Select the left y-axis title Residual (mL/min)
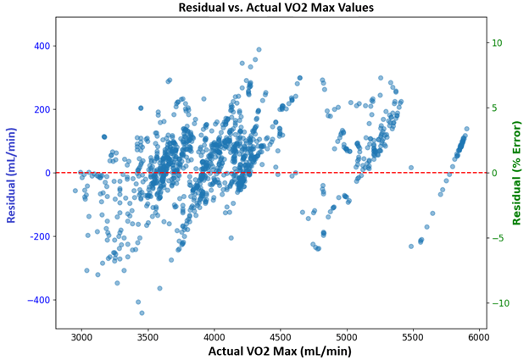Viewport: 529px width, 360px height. (x=12, y=173)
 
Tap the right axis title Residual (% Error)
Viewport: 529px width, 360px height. (x=516, y=173)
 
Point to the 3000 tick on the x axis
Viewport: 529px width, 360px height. (x=82, y=336)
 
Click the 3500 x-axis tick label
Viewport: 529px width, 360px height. (x=148, y=336)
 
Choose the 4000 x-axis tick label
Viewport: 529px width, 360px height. (x=214, y=336)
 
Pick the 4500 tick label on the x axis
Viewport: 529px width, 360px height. (x=281, y=336)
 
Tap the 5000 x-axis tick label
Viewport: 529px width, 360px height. (x=347, y=336)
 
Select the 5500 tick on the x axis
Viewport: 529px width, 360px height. (x=413, y=336)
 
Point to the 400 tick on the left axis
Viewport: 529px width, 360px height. (x=40, y=46)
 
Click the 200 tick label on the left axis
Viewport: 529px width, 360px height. (x=40, y=109)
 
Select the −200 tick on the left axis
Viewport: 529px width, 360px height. (x=36, y=236)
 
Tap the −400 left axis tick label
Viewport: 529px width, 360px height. (x=36, y=300)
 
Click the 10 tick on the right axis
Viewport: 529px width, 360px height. (x=498, y=43)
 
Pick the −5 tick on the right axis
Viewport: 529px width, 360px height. (x=498, y=238)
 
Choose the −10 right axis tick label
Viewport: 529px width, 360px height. (x=498, y=303)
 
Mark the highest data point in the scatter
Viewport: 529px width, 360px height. (x=259, y=50)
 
